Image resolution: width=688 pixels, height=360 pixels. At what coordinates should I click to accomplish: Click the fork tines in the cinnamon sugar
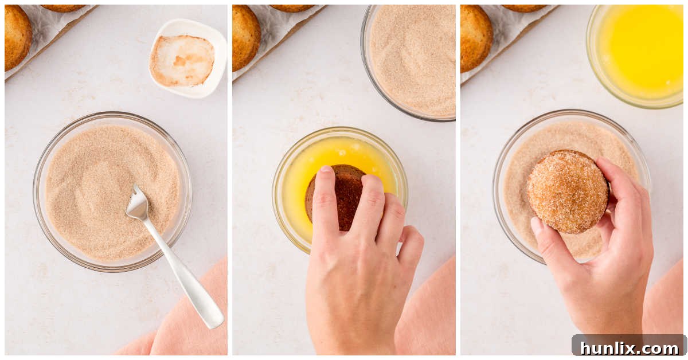pos(138,202)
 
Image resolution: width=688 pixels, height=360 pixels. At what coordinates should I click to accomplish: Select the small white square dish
pos(188,58)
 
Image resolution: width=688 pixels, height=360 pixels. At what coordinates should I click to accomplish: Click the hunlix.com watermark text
pos(630,348)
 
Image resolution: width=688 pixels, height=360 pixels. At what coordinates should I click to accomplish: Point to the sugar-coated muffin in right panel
pos(568,191)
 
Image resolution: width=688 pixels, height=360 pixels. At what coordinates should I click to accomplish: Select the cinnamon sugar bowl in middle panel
pos(408,61)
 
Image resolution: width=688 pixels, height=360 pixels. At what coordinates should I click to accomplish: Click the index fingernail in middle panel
pos(326,169)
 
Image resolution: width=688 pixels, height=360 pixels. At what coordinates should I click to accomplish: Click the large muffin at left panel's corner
pos(18,37)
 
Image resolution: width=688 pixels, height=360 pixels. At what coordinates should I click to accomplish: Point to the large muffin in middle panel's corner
pos(246,37)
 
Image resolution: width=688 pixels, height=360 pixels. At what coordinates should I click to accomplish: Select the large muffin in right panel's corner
pos(476,38)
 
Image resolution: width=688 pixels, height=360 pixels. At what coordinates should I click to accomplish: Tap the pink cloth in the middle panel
pos(430,310)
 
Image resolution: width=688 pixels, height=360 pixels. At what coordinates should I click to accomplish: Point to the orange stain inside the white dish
pos(181,60)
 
